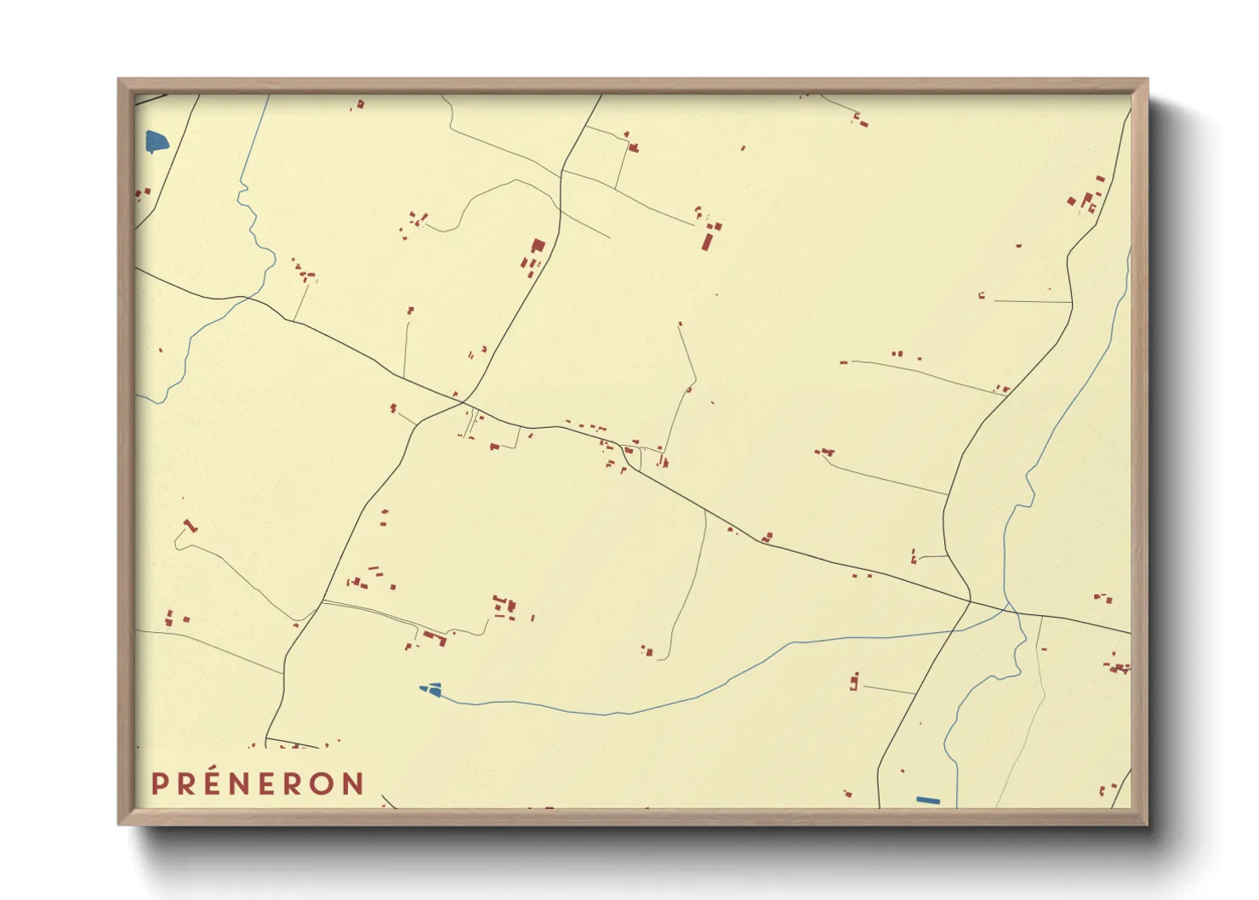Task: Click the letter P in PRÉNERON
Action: [159, 783]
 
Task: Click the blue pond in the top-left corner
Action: [157, 141]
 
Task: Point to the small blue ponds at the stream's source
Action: [432, 690]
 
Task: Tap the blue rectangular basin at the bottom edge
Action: [928, 800]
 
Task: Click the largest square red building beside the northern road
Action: [538, 246]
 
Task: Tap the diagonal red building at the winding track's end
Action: [191, 526]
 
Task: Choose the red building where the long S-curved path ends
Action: [648, 652]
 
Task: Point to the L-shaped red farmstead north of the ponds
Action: [435, 638]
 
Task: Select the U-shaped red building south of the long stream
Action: [854, 681]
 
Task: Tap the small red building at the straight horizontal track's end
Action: [982, 296]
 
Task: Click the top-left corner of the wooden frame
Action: [119, 80]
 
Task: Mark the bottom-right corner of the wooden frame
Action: [1147, 823]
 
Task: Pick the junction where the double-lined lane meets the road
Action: [322, 601]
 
